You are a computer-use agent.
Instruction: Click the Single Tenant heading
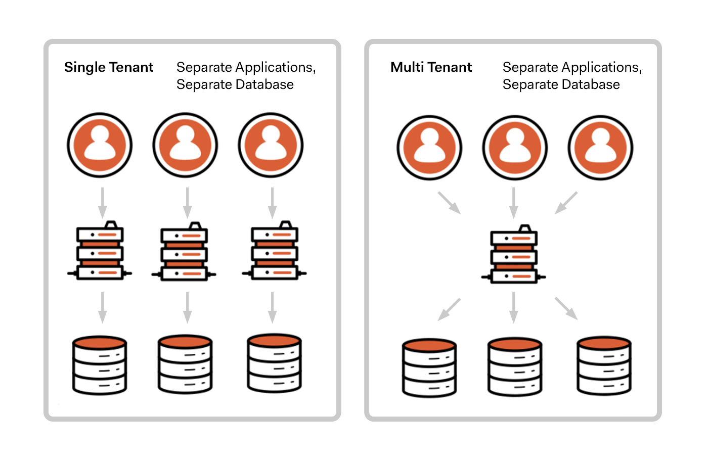pyautogui.click(x=108, y=67)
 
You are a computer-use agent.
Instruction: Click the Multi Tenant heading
pyautogui.click(x=431, y=67)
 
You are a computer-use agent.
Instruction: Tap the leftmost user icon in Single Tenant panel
pyautogui.click(x=100, y=145)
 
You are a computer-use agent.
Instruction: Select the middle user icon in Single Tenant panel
pyautogui.click(x=185, y=145)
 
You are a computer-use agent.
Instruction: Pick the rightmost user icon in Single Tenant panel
pyautogui.click(x=271, y=145)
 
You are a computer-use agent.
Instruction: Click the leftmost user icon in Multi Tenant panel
pyautogui.click(x=429, y=148)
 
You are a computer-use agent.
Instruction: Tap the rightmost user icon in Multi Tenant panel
pyautogui.click(x=600, y=148)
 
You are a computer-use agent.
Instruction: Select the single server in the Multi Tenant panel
pyautogui.click(x=513, y=255)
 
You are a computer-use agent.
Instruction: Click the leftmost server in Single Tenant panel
pyautogui.click(x=100, y=251)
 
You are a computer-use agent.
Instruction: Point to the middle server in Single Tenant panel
pyautogui.click(x=184, y=251)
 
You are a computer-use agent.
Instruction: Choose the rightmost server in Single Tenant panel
pyautogui.click(x=274, y=251)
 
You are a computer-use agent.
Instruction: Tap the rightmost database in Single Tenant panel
pyautogui.click(x=274, y=363)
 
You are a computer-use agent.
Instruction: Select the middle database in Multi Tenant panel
pyautogui.click(x=515, y=367)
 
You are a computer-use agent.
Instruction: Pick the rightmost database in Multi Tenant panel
pyautogui.click(x=604, y=366)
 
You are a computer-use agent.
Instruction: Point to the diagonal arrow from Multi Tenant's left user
pyautogui.click(x=449, y=203)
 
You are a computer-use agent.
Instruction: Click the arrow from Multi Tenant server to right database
pyautogui.click(x=566, y=308)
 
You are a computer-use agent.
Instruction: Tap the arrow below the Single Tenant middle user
pyautogui.click(x=187, y=203)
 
